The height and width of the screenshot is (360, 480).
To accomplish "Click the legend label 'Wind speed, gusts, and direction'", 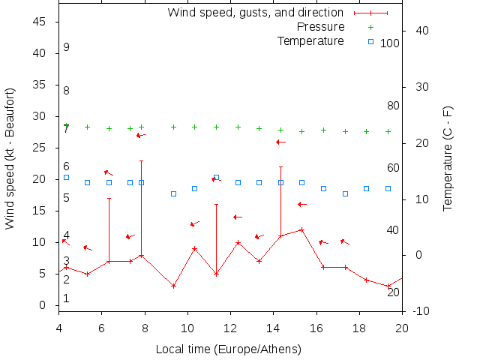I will (255, 13).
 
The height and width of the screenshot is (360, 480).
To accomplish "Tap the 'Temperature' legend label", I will (310, 40).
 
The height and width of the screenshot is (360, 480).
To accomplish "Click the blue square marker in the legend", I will (370, 42).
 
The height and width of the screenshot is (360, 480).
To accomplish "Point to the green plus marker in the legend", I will (370, 27).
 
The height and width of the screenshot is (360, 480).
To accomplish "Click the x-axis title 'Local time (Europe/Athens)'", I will (228, 349).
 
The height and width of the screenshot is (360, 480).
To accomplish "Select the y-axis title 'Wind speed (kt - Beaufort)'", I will (10, 158).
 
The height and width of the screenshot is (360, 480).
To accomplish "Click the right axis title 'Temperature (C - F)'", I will (448, 158).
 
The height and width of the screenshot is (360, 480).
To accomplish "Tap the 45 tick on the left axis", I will (40, 22).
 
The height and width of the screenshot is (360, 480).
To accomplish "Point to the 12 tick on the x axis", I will (230, 326).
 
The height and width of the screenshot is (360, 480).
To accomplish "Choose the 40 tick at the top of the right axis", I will (421, 31).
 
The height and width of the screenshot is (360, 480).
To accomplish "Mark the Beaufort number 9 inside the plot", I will (66, 47).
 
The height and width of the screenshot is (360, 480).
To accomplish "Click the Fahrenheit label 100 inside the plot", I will (390, 43).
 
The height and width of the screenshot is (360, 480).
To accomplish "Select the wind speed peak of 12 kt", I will (302, 229).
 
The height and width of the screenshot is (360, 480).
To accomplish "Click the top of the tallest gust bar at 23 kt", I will (141, 160).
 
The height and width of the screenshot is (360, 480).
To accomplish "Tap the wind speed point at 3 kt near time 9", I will (173, 286).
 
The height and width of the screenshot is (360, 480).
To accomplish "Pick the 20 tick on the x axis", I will (402, 326).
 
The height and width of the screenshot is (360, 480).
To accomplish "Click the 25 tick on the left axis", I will (40, 148).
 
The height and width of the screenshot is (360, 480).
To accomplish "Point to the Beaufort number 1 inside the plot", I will (66, 298).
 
